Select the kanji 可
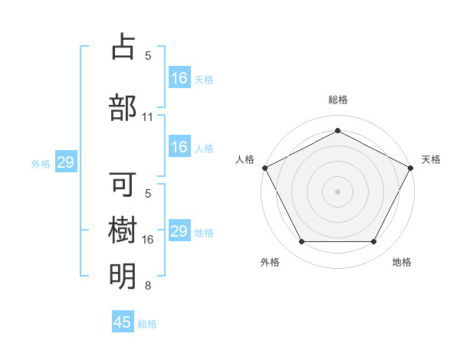coord(123,184)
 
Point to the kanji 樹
coord(123,230)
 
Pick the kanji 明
coord(123,276)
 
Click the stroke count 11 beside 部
coord(148,117)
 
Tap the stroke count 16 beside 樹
coord(148,240)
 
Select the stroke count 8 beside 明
coord(148,286)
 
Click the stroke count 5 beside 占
coord(148,56)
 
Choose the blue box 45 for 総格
coord(123,322)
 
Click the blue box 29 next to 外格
coord(65,162)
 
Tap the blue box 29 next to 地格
coord(179,231)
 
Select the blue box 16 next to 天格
coord(179,78)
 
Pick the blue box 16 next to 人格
coord(179,147)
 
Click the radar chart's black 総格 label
coord(338,100)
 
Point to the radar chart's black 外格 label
coord(270,262)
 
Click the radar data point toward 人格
coord(264,168)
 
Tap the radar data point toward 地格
coord(374,242)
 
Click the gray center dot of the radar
coord(338,191)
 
